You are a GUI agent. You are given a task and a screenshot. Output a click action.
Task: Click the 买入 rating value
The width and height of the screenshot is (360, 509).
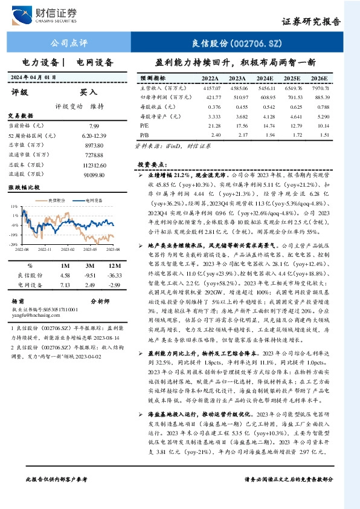[x=89, y=92]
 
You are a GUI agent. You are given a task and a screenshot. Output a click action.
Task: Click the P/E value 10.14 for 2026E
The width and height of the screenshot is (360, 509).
[x=323, y=126]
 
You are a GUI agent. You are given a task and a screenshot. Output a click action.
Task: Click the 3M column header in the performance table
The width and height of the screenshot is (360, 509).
[x=90, y=265]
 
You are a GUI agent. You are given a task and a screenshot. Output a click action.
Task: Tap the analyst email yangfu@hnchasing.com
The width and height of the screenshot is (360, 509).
[x=33, y=314]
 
